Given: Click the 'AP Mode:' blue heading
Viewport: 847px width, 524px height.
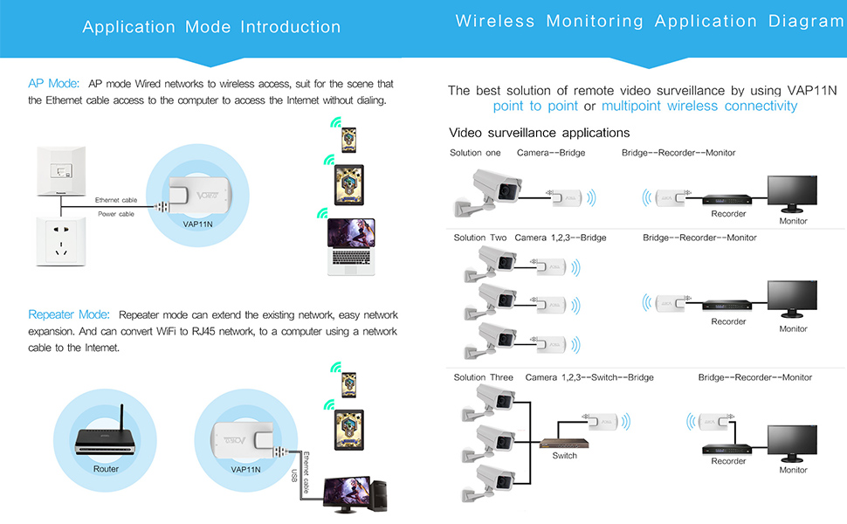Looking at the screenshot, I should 53,84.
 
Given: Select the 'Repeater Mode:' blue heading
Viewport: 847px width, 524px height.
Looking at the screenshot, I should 69,314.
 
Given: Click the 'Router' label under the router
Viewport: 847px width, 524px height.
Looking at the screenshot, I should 106,469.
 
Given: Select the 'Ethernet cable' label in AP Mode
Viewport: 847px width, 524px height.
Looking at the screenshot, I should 116,200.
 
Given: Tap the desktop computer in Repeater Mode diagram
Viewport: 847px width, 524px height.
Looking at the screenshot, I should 359,499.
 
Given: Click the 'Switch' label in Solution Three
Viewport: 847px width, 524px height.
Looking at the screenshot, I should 564,456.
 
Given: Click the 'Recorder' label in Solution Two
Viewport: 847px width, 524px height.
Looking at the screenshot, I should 728,321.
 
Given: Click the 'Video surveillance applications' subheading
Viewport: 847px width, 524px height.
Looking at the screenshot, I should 539,133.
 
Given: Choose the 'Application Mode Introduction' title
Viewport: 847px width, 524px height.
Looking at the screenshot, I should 211,27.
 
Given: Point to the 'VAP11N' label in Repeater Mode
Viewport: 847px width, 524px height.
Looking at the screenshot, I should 246,469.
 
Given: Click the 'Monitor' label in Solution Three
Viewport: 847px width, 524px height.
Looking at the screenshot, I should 793,470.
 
